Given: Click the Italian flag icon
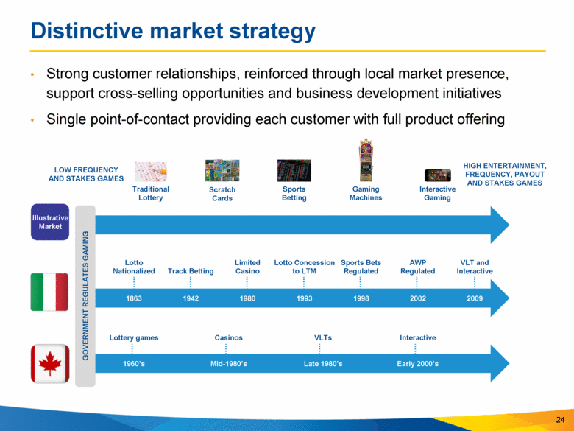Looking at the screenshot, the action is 49,292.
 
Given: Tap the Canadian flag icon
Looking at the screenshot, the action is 50,363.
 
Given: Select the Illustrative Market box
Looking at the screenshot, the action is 50,222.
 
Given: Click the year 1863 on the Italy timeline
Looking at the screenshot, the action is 134,298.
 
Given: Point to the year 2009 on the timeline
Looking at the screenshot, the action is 475,298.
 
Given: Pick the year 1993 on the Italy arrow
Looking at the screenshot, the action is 304,298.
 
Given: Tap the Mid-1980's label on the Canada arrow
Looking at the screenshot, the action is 228,364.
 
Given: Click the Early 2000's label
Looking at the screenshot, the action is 418,364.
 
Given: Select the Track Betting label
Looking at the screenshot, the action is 191,271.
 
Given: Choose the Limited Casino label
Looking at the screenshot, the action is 247,267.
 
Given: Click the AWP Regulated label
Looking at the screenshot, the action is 418,267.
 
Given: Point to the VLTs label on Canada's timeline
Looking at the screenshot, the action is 323,338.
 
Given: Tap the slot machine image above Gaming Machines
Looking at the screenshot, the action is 366,160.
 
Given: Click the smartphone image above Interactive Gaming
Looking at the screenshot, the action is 437,175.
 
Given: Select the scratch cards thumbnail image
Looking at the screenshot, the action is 222,170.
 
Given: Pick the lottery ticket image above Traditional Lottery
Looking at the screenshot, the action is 150,172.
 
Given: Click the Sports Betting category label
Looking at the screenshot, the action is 294,194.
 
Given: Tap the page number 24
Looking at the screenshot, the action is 560,420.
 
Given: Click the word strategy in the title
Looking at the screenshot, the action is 272,32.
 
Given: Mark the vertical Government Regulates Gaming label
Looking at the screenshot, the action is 85,295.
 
